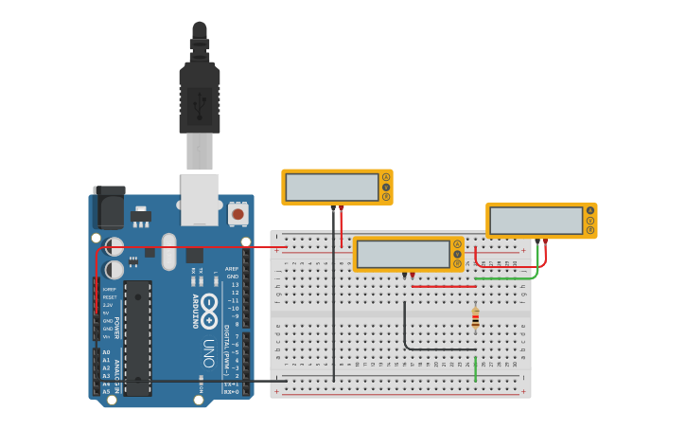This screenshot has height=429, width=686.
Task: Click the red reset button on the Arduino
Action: point(237,214)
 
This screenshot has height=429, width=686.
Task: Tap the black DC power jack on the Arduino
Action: point(109,207)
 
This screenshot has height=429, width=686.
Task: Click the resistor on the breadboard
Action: point(475,319)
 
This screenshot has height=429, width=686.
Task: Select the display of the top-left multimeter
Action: point(332,187)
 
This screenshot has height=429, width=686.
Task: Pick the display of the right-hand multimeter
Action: point(536,221)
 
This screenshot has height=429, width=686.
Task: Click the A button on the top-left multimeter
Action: point(386,177)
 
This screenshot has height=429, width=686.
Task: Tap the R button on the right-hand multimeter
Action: point(590,230)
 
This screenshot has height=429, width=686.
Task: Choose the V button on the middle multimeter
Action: point(458,254)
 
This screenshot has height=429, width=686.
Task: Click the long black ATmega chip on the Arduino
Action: point(137,337)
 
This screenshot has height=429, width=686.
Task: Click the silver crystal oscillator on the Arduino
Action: point(169,253)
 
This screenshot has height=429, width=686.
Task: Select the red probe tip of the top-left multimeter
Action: point(342,207)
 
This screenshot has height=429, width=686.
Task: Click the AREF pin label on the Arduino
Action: point(232,268)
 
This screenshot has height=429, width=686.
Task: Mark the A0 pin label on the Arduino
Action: point(106,352)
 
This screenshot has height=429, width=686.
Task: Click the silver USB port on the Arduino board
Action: point(200,198)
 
